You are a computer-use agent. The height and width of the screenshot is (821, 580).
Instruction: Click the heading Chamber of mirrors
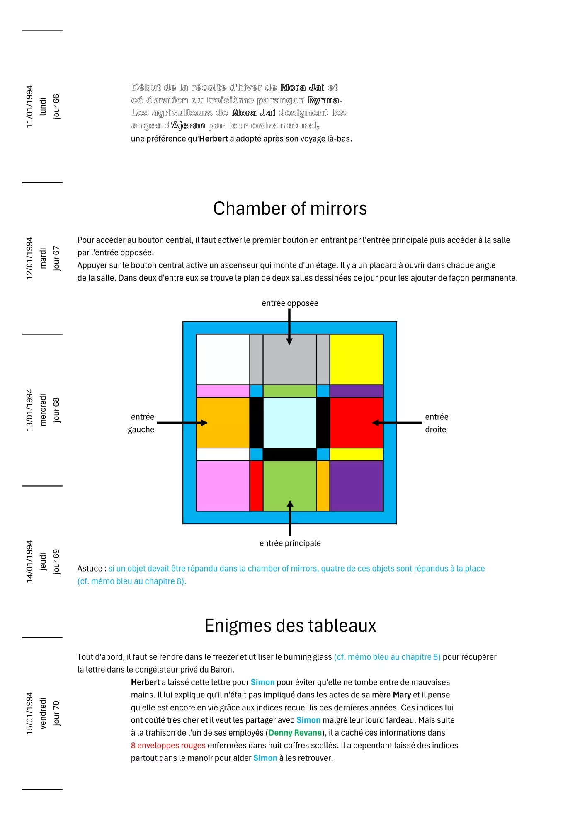[x=290, y=208]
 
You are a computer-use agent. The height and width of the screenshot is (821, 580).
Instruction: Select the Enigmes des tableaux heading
[x=290, y=625]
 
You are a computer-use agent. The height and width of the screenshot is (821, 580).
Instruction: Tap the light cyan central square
[x=290, y=423]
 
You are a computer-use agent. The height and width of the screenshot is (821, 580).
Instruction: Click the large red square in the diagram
[x=357, y=423]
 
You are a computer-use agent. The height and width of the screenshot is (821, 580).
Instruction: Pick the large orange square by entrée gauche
[x=223, y=423]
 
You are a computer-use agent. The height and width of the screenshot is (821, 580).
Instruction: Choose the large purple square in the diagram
[x=357, y=486]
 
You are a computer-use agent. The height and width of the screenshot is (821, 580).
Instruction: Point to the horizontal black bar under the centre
[x=290, y=454]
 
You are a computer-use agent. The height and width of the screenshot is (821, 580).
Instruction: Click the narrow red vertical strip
[x=256, y=486]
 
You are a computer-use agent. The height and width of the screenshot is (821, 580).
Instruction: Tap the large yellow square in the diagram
[x=357, y=359]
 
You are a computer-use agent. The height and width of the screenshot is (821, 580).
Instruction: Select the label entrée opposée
[x=290, y=303]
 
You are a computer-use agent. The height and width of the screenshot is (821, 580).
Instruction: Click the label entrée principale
[x=290, y=543]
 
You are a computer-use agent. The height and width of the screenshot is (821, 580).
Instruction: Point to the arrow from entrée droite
[x=397, y=423]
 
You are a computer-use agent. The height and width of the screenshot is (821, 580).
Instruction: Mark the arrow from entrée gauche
[x=182, y=423]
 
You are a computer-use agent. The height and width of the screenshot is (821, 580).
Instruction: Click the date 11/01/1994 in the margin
[x=29, y=107]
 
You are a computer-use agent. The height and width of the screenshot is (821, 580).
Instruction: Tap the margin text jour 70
[x=56, y=713]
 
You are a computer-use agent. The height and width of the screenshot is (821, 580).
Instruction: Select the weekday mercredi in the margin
[x=43, y=409]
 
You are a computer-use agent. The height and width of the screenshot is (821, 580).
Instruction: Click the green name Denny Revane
[x=295, y=733]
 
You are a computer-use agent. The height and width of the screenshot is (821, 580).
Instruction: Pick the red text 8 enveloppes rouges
[x=168, y=745]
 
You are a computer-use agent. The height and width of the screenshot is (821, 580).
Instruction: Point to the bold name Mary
[x=402, y=695]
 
